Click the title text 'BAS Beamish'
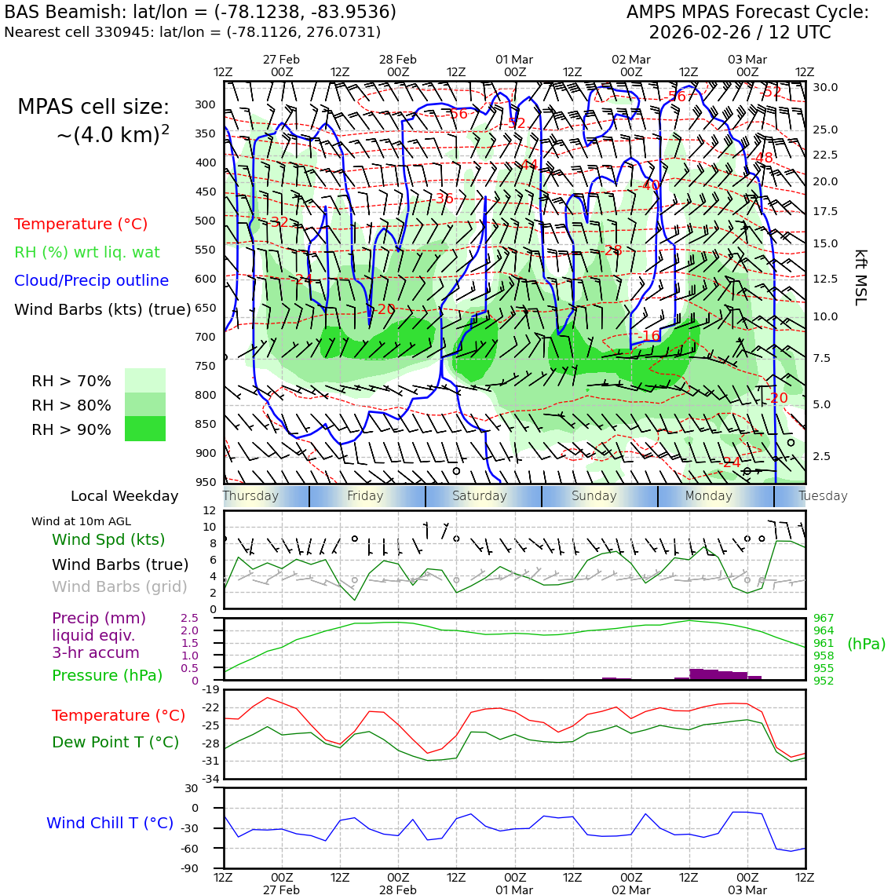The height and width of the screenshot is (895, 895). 60,13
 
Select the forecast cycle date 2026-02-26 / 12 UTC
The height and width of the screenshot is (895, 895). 739,33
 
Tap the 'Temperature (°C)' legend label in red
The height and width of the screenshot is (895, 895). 81,224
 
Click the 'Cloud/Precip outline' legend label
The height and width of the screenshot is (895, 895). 91,280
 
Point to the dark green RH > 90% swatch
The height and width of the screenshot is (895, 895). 145,429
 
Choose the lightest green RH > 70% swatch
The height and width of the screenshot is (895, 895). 145,380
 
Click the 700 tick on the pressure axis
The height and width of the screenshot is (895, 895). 205,337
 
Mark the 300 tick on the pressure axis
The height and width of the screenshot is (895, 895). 205,104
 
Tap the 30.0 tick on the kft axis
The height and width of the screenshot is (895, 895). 825,87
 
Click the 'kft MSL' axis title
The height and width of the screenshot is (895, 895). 860,277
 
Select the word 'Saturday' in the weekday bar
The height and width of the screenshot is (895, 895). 479,496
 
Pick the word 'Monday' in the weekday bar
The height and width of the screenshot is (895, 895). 708,496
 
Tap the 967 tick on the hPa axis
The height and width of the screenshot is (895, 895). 824,618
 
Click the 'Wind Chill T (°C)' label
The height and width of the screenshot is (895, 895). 110,823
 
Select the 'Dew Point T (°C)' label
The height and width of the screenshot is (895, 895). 115,742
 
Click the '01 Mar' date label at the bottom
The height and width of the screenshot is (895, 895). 514,890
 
